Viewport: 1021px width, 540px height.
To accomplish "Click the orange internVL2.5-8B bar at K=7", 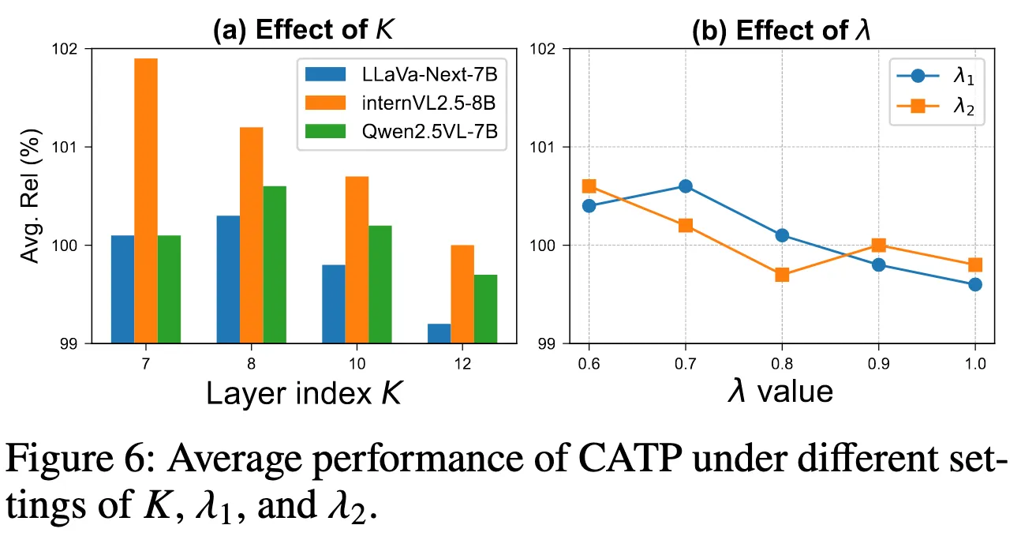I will point(146,201).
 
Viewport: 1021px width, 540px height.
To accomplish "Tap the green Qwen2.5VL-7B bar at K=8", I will point(275,264).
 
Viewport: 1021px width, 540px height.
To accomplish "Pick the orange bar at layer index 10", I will point(357,260).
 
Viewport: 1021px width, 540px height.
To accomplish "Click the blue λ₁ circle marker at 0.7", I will point(685,186).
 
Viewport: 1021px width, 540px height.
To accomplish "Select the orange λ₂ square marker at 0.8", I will point(782,275).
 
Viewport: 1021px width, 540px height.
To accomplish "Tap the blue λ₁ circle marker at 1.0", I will point(975,284).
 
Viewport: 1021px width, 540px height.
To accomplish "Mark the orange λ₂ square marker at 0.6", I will point(589,186).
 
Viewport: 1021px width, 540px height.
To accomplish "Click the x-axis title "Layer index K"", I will point(305,392).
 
